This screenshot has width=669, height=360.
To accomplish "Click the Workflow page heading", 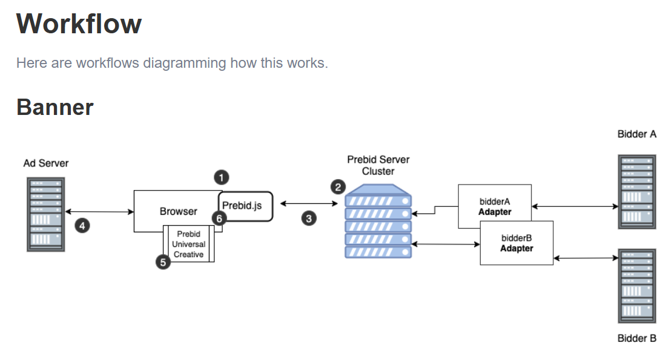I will pyautogui.click(x=79, y=24).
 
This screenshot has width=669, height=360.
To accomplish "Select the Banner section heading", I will pyautogui.click(x=54, y=107).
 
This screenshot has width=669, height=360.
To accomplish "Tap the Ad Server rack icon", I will pyautogui.click(x=45, y=214).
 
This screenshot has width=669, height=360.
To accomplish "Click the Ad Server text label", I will pyautogui.click(x=45, y=163).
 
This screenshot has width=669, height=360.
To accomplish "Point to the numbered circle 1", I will pyautogui.click(x=222, y=177).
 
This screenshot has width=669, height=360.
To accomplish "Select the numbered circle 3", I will pyautogui.click(x=309, y=219).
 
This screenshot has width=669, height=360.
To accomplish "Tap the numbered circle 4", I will pyautogui.click(x=82, y=226).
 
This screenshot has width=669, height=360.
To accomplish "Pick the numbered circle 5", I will pyautogui.click(x=163, y=262).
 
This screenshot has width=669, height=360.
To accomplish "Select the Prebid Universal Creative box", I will pyautogui.click(x=188, y=244).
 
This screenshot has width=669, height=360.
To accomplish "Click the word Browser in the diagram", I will pyautogui.click(x=178, y=211).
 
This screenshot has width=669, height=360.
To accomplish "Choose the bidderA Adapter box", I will pyautogui.click(x=495, y=206).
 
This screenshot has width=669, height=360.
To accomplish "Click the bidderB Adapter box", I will pyautogui.click(x=516, y=243).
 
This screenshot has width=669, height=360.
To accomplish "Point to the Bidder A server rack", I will pyautogui.click(x=637, y=192).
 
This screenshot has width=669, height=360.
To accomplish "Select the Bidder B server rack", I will pyautogui.click(x=637, y=286).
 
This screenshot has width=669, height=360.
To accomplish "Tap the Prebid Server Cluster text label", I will pyautogui.click(x=378, y=165).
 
